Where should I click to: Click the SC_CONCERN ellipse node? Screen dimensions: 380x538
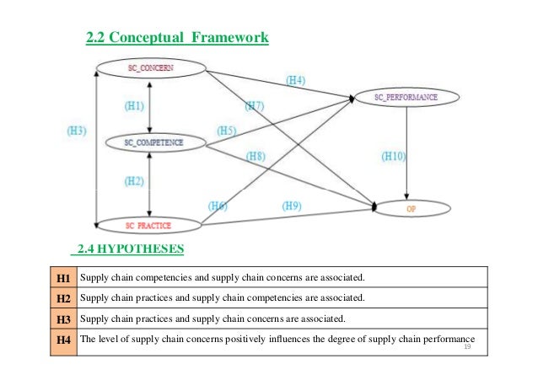click(151, 66)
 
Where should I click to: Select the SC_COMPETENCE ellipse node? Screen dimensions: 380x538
click(153, 143)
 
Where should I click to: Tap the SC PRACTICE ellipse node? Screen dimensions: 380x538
click(148, 225)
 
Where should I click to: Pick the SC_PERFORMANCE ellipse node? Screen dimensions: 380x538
click(406, 98)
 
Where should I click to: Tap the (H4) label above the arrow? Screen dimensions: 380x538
click(295, 81)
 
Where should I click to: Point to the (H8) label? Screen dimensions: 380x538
click(256, 155)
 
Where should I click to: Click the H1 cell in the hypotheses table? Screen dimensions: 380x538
click(62, 277)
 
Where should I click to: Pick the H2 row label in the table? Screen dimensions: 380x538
click(62, 298)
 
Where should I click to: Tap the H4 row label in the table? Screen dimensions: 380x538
click(62, 340)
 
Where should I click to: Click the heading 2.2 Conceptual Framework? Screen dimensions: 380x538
click(178, 39)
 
